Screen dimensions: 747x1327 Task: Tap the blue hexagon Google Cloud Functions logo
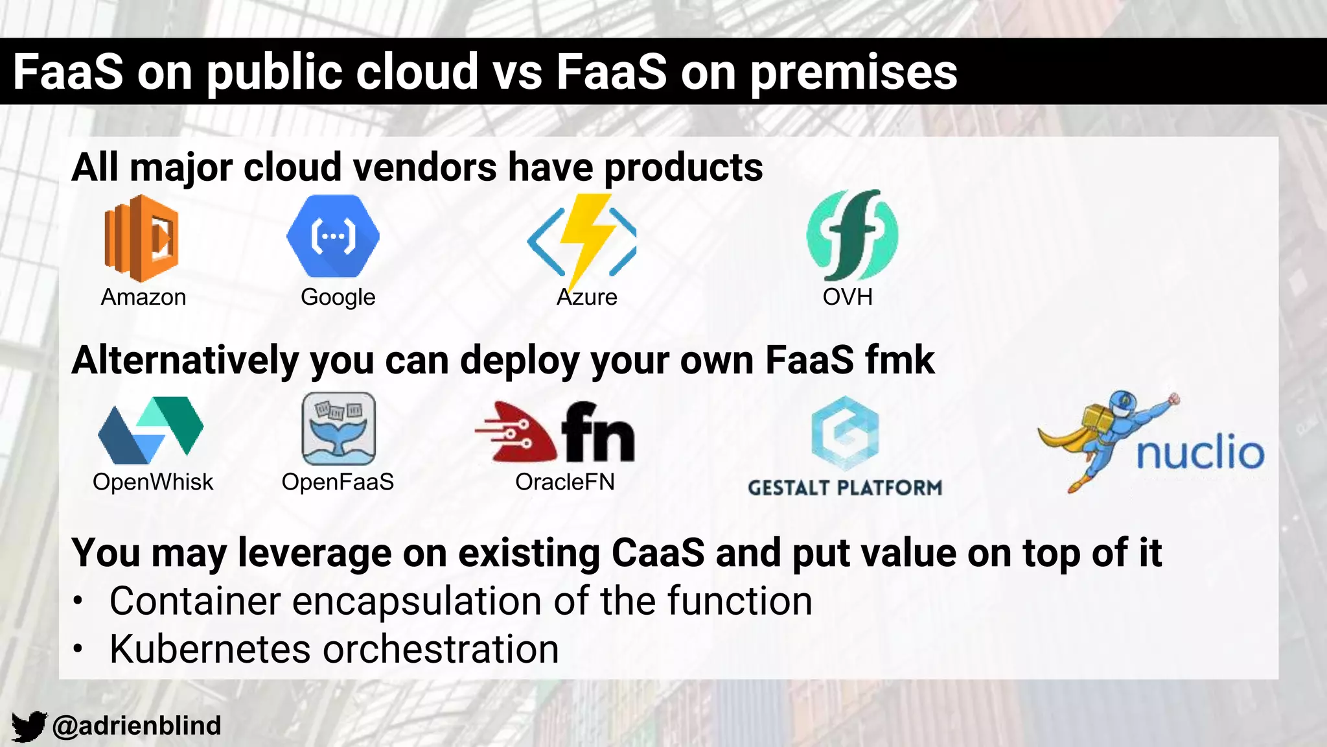pyautogui.click(x=333, y=236)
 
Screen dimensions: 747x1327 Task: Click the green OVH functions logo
pyautogui.click(x=851, y=235)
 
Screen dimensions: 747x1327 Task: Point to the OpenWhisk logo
pyautogui.click(x=151, y=430)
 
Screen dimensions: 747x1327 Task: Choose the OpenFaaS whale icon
pyautogui.click(x=338, y=429)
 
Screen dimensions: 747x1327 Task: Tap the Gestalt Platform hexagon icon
pyautogui.click(x=845, y=433)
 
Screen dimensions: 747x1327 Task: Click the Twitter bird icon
pyautogui.click(x=29, y=726)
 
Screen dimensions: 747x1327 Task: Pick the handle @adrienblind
pyautogui.click(x=137, y=726)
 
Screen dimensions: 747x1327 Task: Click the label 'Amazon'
pyautogui.click(x=143, y=297)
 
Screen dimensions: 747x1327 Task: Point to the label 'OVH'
pyautogui.click(x=848, y=297)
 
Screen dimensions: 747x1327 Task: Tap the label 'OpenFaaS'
pyautogui.click(x=338, y=482)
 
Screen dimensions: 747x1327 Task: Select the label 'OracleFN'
pyautogui.click(x=564, y=482)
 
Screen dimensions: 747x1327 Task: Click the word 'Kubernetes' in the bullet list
pyautogui.click(x=210, y=649)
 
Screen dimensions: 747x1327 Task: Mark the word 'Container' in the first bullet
pyautogui.click(x=194, y=601)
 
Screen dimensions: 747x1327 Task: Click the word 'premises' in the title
pyautogui.click(x=853, y=71)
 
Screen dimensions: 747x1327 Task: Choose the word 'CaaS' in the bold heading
pyautogui.click(x=657, y=553)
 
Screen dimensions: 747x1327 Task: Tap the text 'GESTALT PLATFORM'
pyautogui.click(x=845, y=488)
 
